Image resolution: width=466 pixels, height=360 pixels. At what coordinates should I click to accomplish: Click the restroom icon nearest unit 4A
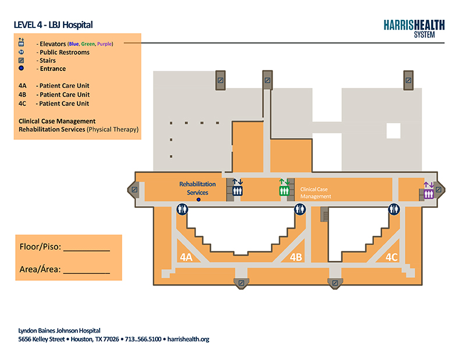(182, 209)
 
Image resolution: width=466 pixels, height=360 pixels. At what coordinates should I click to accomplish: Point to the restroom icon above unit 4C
(394, 209)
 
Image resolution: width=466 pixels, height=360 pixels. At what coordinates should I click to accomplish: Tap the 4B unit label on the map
(296, 257)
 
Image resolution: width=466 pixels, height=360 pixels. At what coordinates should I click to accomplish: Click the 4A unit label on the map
(186, 257)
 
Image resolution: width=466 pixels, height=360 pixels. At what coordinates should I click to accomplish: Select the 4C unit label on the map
(391, 257)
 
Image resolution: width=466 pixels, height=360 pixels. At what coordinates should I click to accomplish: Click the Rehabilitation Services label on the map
(197, 188)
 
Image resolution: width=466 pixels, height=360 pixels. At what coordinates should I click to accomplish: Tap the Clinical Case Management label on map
(315, 193)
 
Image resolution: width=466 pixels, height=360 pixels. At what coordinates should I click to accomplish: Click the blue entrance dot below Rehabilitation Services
(199, 200)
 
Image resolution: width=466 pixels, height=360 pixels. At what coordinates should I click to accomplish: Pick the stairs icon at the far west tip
(135, 189)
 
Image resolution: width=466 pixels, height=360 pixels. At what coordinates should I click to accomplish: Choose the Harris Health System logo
(414, 29)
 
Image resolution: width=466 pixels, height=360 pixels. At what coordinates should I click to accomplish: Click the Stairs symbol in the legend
(21, 61)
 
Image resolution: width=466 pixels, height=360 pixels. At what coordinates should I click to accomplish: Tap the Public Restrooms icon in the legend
(21, 52)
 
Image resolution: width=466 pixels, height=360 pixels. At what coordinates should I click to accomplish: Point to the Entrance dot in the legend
(21, 68)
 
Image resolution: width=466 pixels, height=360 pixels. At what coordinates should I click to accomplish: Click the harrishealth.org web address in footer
(188, 339)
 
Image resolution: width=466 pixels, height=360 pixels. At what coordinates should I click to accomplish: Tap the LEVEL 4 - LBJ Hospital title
(53, 24)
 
